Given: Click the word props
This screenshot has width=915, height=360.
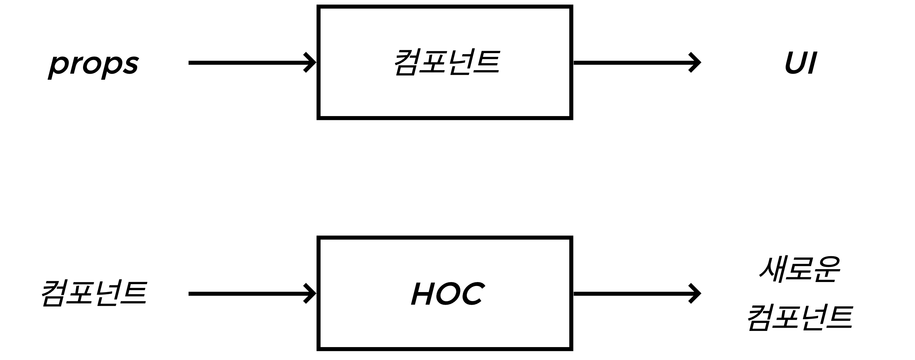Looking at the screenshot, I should pyautogui.click(x=93, y=65).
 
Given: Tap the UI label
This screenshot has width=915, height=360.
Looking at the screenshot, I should pyautogui.click(x=801, y=63).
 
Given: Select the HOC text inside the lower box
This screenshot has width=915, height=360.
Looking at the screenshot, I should pyautogui.click(x=447, y=294).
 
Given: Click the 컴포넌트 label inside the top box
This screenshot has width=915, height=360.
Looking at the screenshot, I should pyautogui.click(x=447, y=63).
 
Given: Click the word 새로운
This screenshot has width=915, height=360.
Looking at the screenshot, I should pyautogui.click(x=800, y=269).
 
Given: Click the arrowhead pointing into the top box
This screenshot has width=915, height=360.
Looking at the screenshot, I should pyautogui.click(x=310, y=63).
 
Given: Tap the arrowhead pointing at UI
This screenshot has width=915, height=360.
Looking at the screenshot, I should pyautogui.click(x=695, y=63).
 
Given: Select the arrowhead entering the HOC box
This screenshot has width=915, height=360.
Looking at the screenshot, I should pyautogui.click(x=310, y=294).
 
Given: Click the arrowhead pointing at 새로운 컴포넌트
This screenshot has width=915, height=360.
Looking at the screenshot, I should pyautogui.click(x=695, y=294).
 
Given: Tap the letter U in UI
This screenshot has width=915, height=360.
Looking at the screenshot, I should pyautogui.click(x=796, y=63).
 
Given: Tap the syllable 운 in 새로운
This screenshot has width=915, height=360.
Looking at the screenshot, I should pyautogui.click(x=827, y=269).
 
